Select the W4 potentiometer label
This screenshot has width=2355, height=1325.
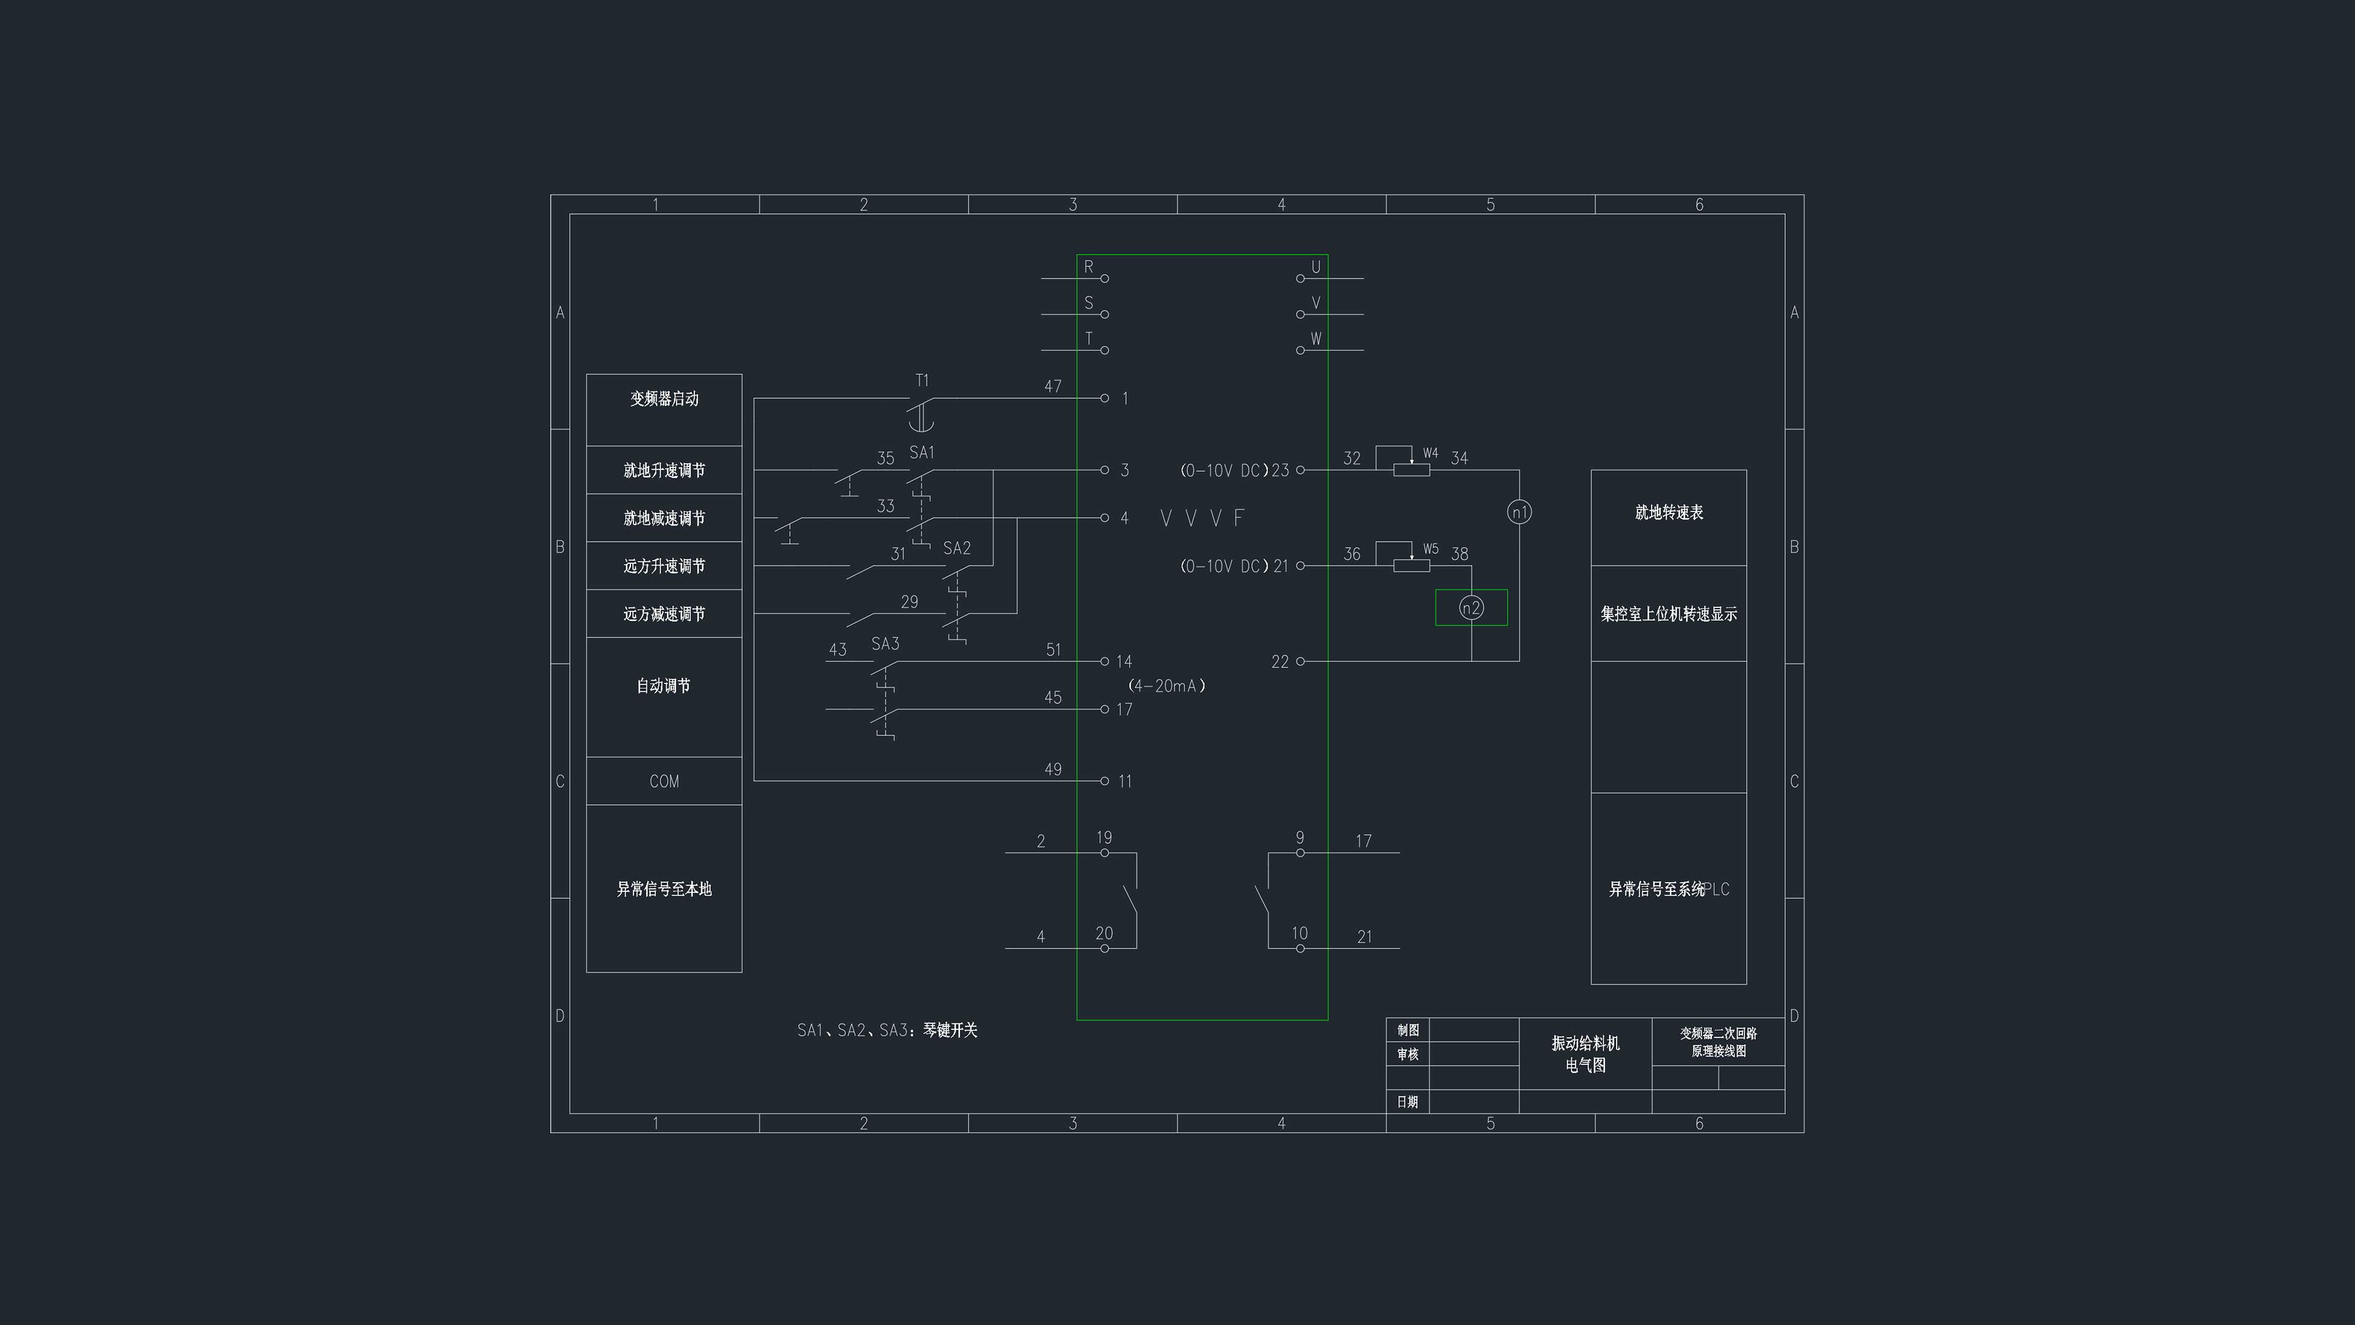tap(1431, 453)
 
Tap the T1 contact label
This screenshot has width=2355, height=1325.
tap(922, 380)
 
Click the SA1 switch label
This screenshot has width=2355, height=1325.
tap(922, 453)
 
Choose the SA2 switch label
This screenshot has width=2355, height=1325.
tap(956, 548)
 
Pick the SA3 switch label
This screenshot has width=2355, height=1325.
tap(885, 643)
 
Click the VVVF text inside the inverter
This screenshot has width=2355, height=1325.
tap(1202, 518)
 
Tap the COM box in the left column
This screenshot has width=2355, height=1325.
tap(664, 781)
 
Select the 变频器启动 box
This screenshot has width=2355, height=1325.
tap(664, 410)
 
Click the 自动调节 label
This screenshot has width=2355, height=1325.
tap(664, 686)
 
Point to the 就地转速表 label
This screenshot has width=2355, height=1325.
tap(1668, 513)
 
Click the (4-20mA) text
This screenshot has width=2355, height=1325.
tap(1166, 686)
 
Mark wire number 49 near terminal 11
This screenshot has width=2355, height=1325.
tap(1053, 769)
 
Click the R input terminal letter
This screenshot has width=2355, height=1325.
tap(1088, 267)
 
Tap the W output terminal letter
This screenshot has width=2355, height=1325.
tap(1315, 339)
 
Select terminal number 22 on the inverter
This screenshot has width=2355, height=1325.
tap(1280, 662)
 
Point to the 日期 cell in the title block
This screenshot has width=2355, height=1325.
tap(1407, 1102)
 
